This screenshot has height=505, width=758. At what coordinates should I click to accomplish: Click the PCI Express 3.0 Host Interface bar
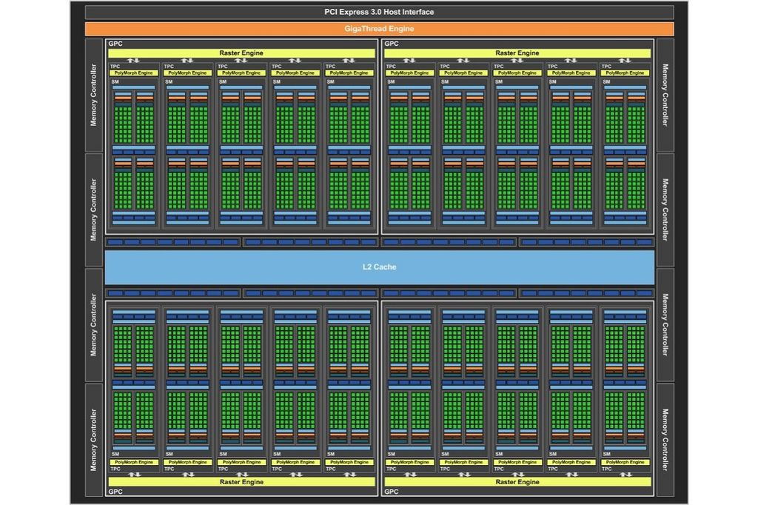[x=379, y=12]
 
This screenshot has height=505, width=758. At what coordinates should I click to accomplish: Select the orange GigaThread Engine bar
[x=379, y=29]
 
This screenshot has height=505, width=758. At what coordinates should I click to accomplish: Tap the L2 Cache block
[x=379, y=267]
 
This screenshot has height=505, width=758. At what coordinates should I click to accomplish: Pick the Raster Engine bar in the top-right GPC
[x=517, y=53]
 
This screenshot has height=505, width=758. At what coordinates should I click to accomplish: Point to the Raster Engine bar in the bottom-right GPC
[x=517, y=482]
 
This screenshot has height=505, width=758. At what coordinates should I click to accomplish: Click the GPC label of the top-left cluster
[x=115, y=44]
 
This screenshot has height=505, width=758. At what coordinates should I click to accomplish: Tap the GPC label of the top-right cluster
[x=392, y=44]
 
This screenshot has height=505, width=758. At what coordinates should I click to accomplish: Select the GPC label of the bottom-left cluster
[x=115, y=491]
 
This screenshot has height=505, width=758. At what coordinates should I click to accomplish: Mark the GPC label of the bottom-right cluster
[x=392, y=491]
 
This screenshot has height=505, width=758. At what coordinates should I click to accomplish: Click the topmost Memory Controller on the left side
[x=94, y=96]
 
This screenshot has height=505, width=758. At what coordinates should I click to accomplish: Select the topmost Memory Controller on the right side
[x=665, y=96]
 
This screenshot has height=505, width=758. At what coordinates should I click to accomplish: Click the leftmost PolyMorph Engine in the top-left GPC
[x=135, y=73]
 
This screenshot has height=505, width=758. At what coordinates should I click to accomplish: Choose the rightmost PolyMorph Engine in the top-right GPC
[x=626, y=73]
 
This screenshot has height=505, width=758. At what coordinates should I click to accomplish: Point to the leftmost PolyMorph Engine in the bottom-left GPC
[x=135, y=462]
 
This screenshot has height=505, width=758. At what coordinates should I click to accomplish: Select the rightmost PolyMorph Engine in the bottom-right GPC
[x=626, y=462]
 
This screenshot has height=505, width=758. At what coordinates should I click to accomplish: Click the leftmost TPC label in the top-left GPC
[x=115, y=67]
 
